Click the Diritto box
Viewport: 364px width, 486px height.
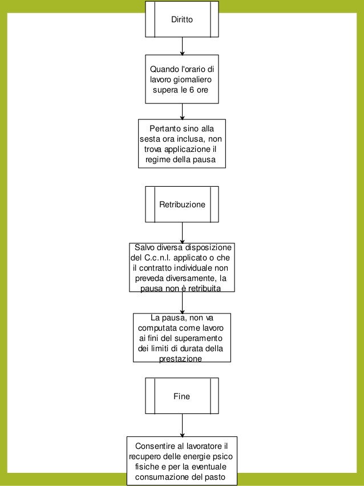point(182,19)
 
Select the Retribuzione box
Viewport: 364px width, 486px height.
point(182,204)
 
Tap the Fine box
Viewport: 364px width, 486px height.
point(182,396)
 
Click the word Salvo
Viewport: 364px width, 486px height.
point(144,248)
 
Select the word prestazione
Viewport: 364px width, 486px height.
point(181,359)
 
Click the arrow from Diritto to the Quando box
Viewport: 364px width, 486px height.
point(182,46)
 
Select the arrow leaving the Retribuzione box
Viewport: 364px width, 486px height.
point(182,232)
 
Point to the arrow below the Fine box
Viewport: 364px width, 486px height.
point(182,425)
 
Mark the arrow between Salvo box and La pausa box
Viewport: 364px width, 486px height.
point(182,303)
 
